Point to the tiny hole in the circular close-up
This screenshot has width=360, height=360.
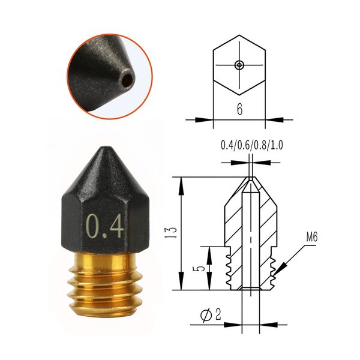[127, 78]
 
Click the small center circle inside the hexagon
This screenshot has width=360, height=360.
[239, 64]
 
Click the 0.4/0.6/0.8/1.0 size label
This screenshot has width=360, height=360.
[251, 145]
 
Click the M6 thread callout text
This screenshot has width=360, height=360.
[311, 238]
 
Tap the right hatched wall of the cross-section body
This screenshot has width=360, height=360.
[268, 222]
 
